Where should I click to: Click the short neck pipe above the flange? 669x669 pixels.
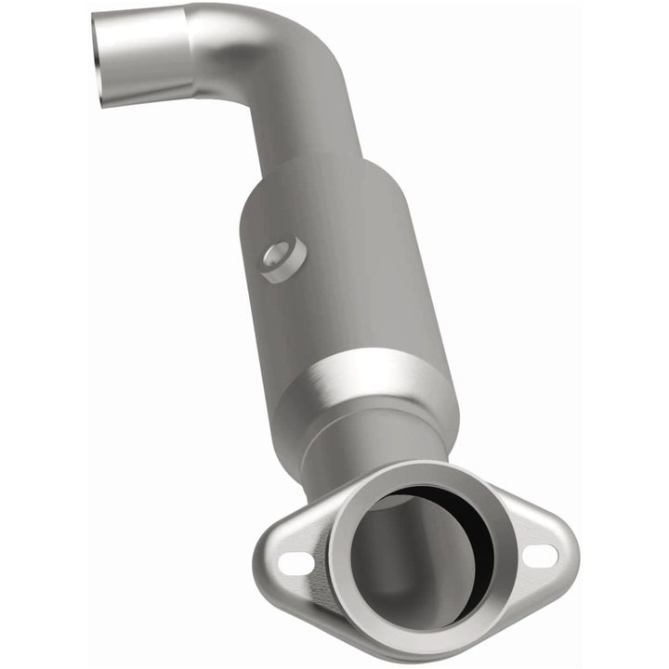(x=372, y=446)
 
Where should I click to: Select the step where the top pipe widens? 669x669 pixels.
(x=190, y=51)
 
